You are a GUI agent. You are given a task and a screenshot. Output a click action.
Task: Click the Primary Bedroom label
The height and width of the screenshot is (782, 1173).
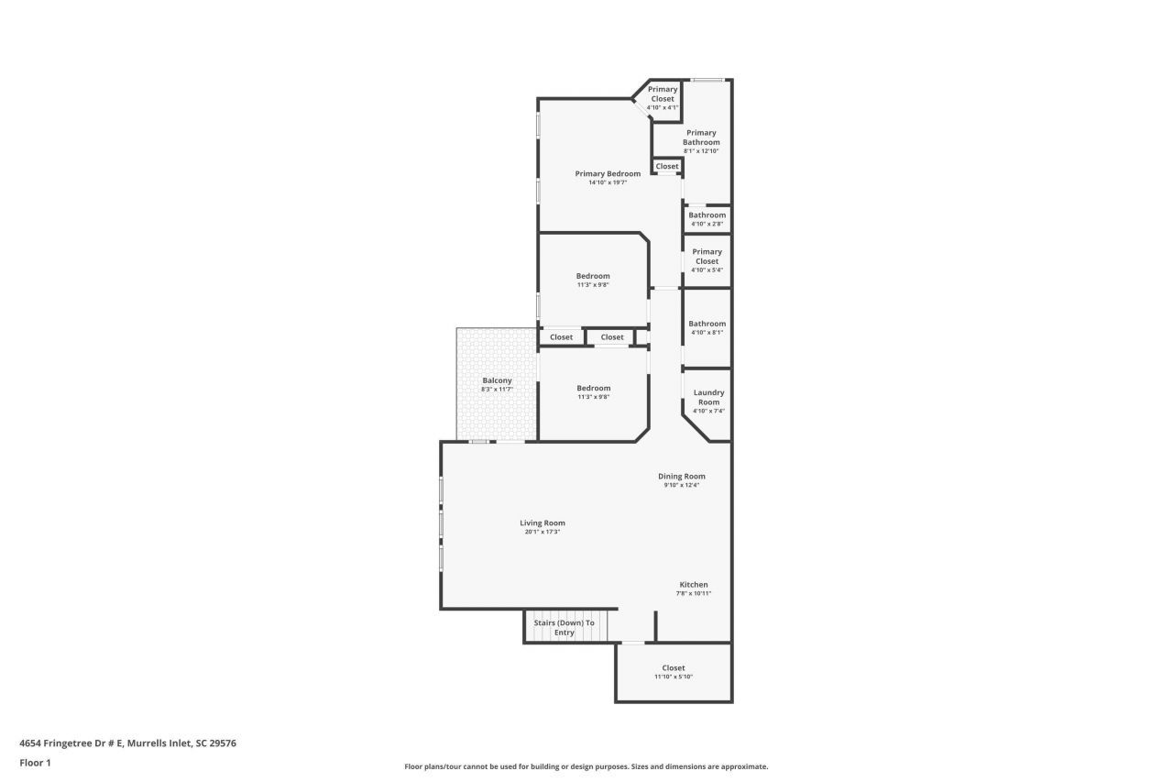[608, 173]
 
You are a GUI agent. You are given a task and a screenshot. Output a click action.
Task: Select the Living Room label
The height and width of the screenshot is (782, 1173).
[543, 523]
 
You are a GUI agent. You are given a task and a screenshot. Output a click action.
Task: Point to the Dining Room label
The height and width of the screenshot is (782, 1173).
[682, 476]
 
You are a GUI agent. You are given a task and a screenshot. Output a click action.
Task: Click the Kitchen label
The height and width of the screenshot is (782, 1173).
[693, 584]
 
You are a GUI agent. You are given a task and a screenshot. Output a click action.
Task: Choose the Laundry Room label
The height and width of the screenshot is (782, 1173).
[708, 397]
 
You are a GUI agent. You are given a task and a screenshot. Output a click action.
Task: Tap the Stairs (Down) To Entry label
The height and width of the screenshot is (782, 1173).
[565, 627]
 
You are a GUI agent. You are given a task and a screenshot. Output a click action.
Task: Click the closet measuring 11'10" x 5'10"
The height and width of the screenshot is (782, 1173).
[673, 672]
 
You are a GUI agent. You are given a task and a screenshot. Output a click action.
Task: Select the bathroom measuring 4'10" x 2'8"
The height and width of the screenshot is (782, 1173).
[707, 219]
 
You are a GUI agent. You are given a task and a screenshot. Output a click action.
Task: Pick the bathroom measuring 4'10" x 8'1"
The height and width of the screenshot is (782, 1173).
[707, 327]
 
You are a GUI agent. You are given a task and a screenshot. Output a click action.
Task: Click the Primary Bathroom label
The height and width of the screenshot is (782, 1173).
[701, 138]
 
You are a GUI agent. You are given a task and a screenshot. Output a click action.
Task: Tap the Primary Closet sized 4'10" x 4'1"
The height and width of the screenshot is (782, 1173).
[663, 97]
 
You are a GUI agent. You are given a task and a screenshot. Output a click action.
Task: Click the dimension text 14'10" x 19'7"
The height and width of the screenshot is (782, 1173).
[608, 182]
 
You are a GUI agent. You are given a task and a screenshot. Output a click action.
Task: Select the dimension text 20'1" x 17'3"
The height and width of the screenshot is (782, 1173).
[543, 532]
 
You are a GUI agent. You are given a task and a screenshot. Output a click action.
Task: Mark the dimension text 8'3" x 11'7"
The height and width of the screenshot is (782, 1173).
[497, 390]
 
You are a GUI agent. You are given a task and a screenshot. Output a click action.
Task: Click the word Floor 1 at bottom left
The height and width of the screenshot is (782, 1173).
[35, 762]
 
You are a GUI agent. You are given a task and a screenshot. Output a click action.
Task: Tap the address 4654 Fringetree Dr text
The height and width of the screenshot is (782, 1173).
[127, 743]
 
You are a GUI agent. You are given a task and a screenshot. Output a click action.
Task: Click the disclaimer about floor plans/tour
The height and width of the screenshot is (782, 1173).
[586, 766]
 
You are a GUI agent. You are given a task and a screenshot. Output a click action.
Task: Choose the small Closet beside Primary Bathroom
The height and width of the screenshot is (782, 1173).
[667, 167]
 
